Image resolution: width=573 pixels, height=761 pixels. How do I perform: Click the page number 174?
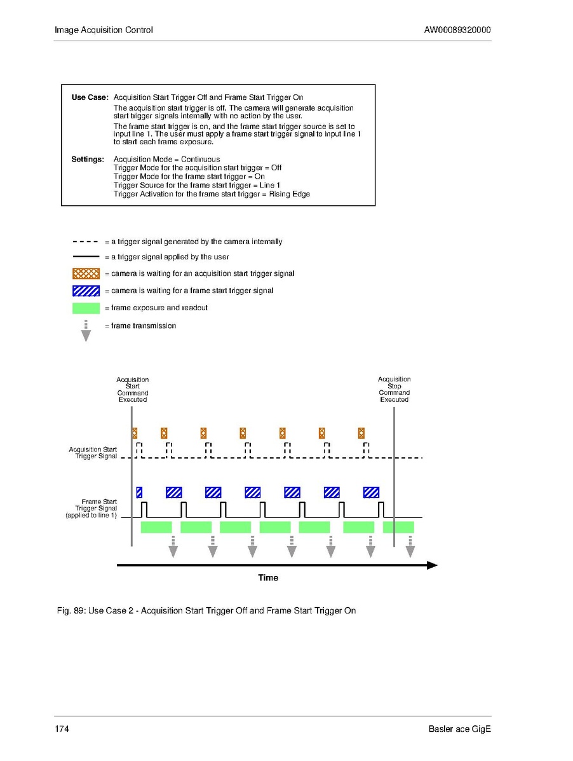(x=62, y=729)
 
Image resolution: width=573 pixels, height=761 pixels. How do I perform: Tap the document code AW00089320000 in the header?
(x=457, y=30)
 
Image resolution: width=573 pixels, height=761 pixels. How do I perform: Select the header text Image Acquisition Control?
(x=104, y=30)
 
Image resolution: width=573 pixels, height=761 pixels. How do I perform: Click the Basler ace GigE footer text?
(x=459, y=729)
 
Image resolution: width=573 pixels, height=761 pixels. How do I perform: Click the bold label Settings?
(x=88, y=159)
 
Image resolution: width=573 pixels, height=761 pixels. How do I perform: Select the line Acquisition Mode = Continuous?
(x=166, y=159)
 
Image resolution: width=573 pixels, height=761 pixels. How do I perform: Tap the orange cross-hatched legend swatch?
(x=86, y=273)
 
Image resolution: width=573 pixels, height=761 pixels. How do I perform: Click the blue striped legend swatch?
(x=86, y=291)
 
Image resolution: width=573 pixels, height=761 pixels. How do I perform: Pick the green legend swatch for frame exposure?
(x=86, y=308)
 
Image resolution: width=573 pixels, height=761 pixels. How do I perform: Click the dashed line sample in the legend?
(x=86, y=242)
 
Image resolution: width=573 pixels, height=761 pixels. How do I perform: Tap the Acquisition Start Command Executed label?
(x=132, y=389)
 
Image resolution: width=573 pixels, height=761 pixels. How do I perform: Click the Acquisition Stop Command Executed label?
(x=394, y=389)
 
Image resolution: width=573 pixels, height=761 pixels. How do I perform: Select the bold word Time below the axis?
(x=268, y=578)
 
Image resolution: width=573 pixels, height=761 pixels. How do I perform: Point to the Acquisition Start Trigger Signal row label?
(x=93, y=453)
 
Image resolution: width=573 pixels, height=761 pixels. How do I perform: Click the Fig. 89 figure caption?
(x=206, y=611)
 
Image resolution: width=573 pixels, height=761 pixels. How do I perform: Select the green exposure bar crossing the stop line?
(x=398, y=527)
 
